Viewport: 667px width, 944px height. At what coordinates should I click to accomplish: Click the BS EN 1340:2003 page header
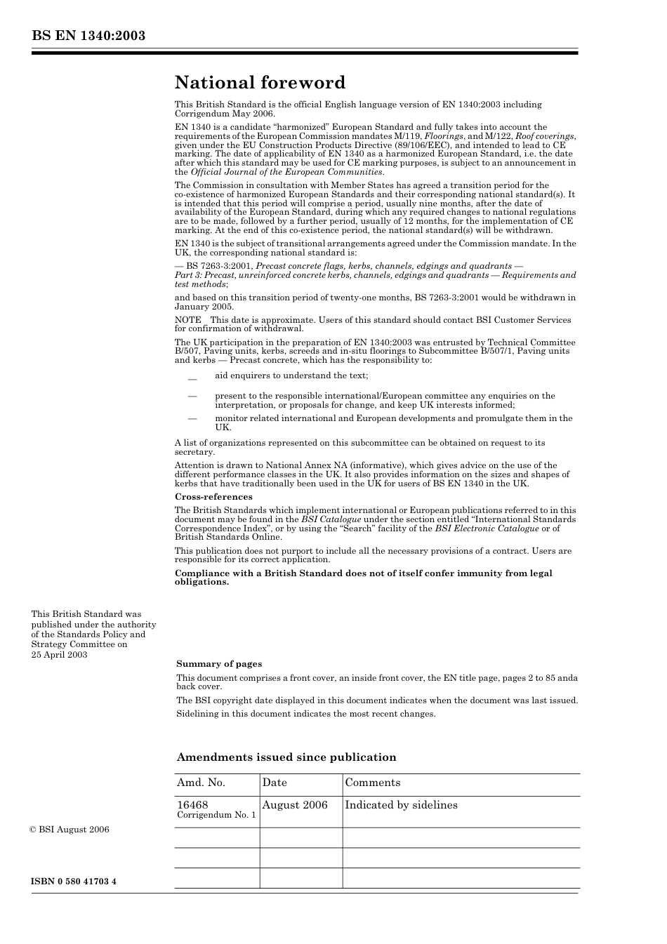click(88, 36)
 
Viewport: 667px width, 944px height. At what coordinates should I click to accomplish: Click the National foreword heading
click(260, 83)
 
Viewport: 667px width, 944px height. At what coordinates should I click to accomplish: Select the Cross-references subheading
click(213, 497)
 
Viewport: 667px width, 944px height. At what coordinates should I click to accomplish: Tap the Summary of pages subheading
click(219, 664)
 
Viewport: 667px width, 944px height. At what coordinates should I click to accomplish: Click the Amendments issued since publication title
click(286, 757)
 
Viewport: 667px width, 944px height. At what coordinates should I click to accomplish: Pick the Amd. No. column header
click(201, 783)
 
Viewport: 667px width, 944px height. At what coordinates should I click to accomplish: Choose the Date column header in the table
click(275, 783)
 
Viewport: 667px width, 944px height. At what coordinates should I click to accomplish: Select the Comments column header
click(373, 783)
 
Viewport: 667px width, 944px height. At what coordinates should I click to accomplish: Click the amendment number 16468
click(192, 805)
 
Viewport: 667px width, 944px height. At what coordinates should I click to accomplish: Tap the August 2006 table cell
click(295, 805)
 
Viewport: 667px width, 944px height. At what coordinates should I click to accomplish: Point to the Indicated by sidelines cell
click(401, 805)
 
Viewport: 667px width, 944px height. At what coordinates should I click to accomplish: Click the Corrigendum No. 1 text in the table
click(216, 816)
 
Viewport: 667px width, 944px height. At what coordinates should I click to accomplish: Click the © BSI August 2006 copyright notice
click(70, 830)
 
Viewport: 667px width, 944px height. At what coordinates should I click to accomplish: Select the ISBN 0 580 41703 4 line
click(74, 881)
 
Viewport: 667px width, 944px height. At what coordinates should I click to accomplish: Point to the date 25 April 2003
click(60, 655)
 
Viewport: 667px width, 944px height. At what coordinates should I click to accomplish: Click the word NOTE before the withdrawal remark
click(188, 320)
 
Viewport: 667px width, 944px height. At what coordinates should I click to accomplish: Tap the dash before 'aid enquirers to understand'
click(192, 377)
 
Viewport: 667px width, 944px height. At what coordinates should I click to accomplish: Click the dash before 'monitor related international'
click(192, 418)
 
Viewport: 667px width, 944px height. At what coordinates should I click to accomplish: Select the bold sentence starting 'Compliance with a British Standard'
click(363, 578)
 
